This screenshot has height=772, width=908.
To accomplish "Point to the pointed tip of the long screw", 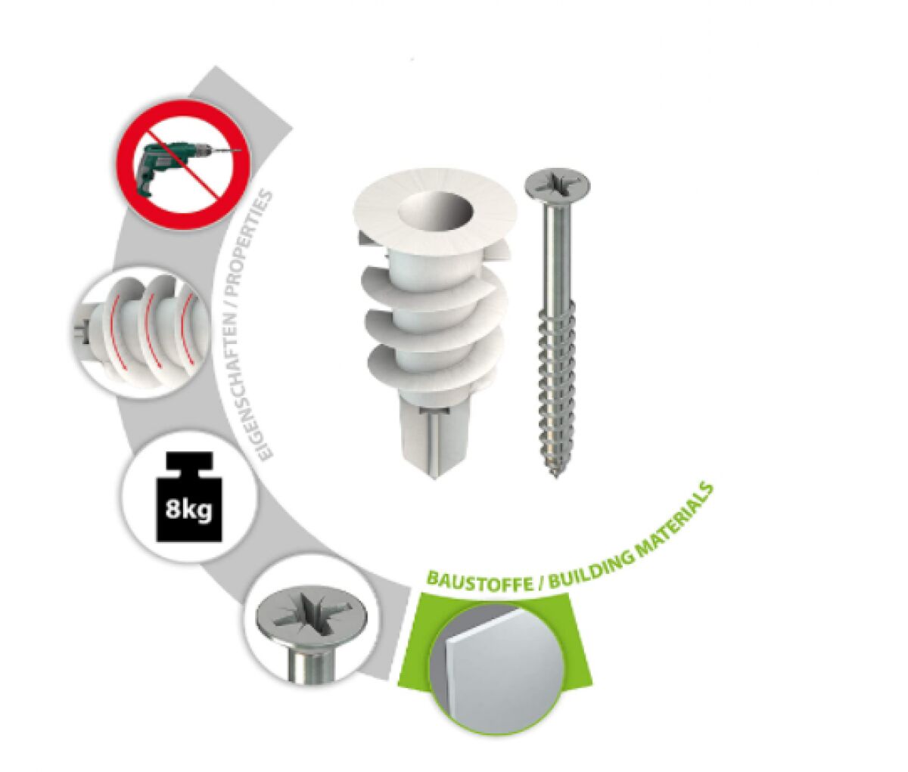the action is click(557, 478).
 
